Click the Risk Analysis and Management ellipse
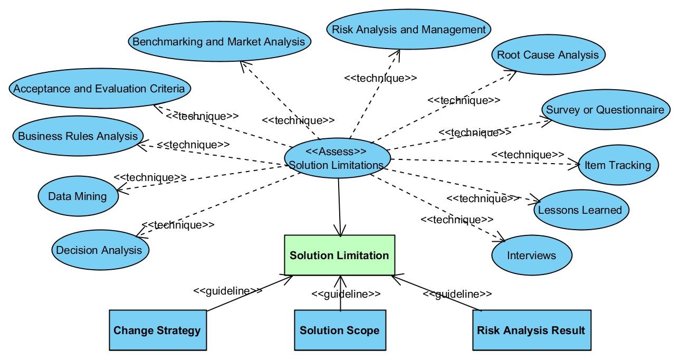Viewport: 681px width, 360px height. point(408,29)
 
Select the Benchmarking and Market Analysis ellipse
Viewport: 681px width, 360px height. point(219,41)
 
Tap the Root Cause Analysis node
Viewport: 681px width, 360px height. point(548,54)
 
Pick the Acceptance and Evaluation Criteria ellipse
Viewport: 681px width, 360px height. point(100,88)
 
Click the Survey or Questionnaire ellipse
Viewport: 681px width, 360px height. point(606,110)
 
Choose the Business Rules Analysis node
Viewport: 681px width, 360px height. point(78,136)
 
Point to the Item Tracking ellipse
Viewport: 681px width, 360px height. point(618,165)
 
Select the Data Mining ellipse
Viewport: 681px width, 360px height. point(78,196)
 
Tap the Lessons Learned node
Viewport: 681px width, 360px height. point(581,210)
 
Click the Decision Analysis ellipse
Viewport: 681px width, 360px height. point(100,250)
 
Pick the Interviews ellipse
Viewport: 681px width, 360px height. point(532,255)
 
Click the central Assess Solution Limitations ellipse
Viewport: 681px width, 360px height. point(337,158)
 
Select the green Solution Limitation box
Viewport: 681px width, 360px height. point(340,255)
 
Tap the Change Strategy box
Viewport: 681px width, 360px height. point(158,330)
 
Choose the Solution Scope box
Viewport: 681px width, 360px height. point(340,330)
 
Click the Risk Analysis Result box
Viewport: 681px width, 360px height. point(532,330)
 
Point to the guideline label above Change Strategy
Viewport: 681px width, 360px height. point(228,291)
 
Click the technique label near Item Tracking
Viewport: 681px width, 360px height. point(527,155)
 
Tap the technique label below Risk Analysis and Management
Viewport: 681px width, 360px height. point(380,78)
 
